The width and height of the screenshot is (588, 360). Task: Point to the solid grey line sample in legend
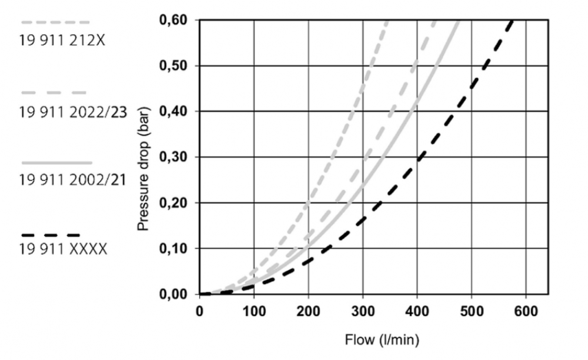56,162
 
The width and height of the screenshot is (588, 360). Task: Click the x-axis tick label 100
254,311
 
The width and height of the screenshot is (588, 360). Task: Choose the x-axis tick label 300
363,311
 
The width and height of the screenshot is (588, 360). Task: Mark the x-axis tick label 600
526,311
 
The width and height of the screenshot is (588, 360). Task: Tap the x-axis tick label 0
200,311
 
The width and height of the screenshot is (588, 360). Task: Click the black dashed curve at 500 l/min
472,89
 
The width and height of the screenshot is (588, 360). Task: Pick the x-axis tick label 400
417,311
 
